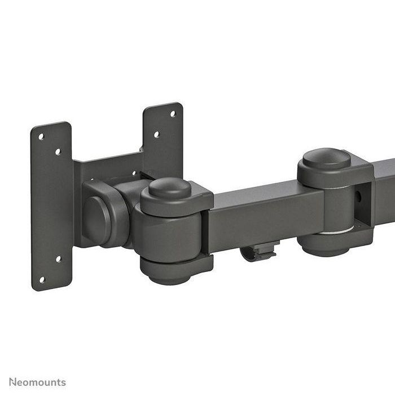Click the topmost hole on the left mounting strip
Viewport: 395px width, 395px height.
(41, 135)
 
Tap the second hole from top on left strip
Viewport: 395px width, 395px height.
(58, 151)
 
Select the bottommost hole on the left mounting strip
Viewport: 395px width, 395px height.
(41, 279)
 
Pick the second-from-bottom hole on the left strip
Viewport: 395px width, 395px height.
(58, 259)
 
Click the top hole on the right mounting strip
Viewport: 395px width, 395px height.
(173, 113)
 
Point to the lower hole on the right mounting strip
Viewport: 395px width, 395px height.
(156, 134)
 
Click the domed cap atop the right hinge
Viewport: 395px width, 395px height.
(327, 157)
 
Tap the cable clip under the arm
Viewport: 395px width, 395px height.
(260, 251)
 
